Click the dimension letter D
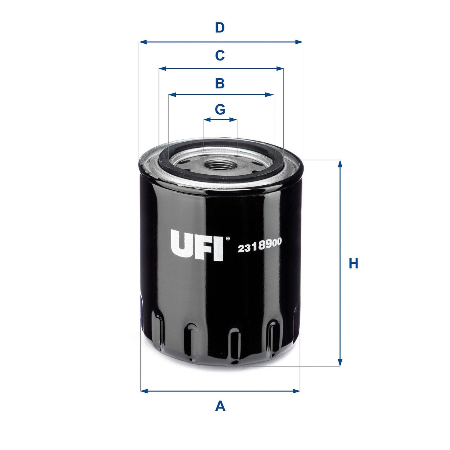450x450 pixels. tap(220, 28)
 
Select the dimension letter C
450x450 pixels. tap(220, 56)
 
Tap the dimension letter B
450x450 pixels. tap(220, 83)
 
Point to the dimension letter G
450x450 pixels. tap(220, 109)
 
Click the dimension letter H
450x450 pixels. tap(353, 264)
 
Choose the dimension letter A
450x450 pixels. tap(220, 406)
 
